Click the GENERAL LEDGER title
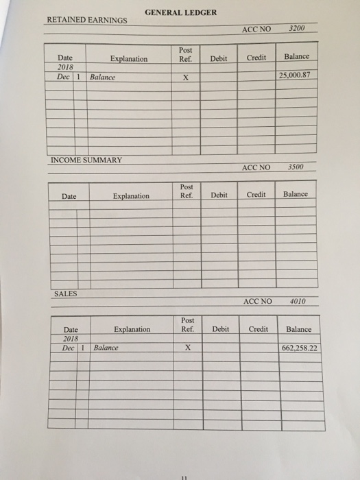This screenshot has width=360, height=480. click(181, 12)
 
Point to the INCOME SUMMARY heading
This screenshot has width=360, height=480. click(86, 160)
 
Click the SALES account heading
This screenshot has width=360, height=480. click(65, 293)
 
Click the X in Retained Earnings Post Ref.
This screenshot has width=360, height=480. click(185, 77)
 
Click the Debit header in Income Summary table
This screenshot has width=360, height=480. click(219, 195)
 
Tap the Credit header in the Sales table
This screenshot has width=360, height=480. click(259, 329)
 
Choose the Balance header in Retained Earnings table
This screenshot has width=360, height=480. click(296, 56)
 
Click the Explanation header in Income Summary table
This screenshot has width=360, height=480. click(131, 196)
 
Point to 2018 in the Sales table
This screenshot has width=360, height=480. click(71, 339)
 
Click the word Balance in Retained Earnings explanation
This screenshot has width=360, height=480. click(103, 77)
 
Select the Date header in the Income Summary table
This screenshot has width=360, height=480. click(69, 196)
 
